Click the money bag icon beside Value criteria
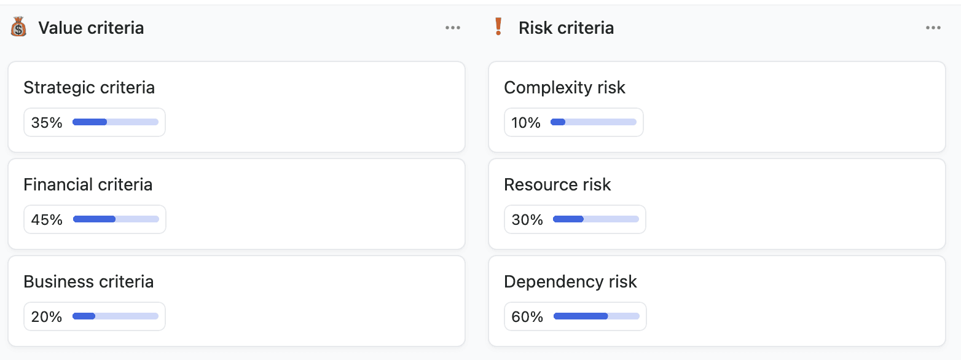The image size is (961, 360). coord(18,28)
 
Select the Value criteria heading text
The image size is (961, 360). coord(91,28)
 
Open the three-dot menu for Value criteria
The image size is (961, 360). coord(453,28)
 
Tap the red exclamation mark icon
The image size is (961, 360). coord(498,28)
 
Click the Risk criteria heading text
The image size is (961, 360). coord(566,28)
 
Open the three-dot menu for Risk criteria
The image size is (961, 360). coord(933,28)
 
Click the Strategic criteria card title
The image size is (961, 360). coord(89,88)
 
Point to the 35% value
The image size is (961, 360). coord(47,123)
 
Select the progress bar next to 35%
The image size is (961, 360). coord(116,122)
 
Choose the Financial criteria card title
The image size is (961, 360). coord(88,185)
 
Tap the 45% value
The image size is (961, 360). coord(47,220)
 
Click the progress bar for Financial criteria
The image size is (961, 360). coord(116,219)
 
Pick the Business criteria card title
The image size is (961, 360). coord(88,282)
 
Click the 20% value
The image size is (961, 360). coord(47,317)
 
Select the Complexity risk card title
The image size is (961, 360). coord(564,88)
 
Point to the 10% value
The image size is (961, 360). coord(526,123)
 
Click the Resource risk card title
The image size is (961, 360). coord(557,185)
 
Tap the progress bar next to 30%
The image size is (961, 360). coord(596,219)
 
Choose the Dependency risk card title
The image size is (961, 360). coord(570,282)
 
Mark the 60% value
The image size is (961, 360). coord(527,317)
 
